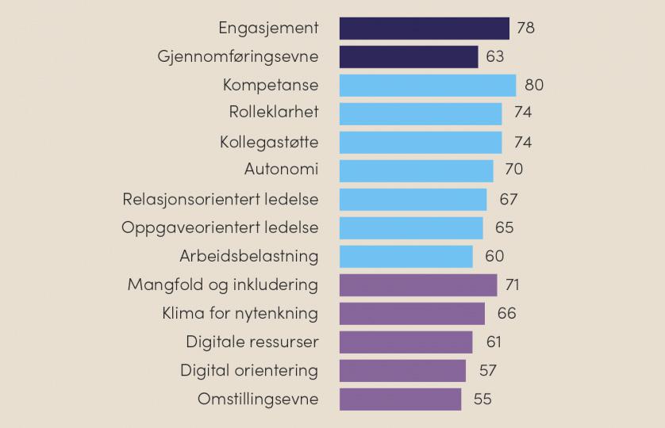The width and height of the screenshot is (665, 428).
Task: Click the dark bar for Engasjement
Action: coord(424,29)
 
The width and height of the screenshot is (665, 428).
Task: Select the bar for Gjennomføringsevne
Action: coord(409,57)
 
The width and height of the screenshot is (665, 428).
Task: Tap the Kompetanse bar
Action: coord(427,86)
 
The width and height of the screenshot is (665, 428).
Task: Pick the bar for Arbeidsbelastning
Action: coord(406,257)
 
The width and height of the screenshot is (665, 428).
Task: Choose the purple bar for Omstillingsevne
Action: coord(400,399)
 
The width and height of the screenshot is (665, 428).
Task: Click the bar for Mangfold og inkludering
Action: coord(418,285)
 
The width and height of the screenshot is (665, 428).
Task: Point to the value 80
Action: coord(534,86)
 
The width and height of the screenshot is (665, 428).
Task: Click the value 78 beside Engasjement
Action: coord(525,29)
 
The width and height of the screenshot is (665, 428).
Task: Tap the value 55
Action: coord(482,399)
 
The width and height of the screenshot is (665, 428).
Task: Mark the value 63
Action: coord(494,57)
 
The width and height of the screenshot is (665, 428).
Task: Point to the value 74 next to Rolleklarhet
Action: coord(522,113)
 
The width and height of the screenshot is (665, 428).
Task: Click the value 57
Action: coord(487,371)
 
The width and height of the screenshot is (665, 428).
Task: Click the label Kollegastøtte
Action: coord(269,143)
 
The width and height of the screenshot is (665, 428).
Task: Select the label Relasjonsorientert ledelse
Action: coord(221,200)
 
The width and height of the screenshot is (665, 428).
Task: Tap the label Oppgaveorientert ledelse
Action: coord(220,228)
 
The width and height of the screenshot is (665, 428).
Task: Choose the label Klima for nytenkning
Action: coord(240,314)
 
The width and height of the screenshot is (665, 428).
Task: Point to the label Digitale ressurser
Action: coord(252,342)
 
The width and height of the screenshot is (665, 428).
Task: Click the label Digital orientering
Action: coord(249,371)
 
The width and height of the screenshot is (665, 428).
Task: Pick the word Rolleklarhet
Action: coord(274,113)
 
